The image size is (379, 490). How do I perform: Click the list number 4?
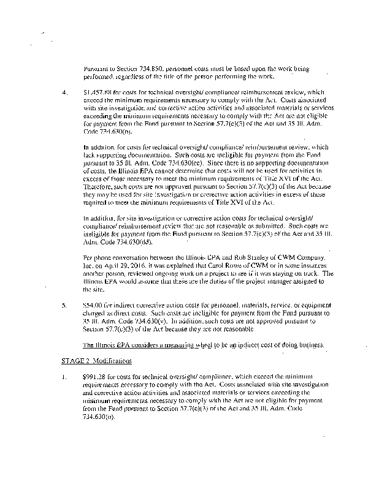[x=65, y=92]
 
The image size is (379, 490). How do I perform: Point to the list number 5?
[x=65, y=304]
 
